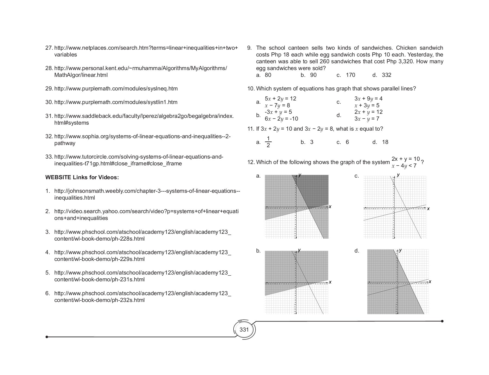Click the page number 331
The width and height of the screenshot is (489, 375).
(244, 330)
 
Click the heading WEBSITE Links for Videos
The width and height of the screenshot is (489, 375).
(82, 177)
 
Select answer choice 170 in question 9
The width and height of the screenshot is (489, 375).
(350, 75)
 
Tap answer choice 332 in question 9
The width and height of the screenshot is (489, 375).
(386, 75)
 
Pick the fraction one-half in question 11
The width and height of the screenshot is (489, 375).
(268, 142)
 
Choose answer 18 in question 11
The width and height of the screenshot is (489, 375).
(385, 142)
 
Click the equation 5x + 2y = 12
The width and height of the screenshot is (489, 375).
(280, 99)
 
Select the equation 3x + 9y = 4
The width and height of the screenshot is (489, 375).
(368, 99)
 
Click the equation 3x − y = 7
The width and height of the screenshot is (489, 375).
(366, 119)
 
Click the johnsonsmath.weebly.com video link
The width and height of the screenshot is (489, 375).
(147, 191)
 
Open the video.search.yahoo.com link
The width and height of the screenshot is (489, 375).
(146, 211)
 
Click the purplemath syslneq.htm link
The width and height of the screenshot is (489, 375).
(116, 89)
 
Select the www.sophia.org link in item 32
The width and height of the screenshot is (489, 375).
(142, 136)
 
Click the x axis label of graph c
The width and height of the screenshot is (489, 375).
(428, 209)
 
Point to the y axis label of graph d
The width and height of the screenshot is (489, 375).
(400, 250)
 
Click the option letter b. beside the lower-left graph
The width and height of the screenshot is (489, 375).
(258, 251)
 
